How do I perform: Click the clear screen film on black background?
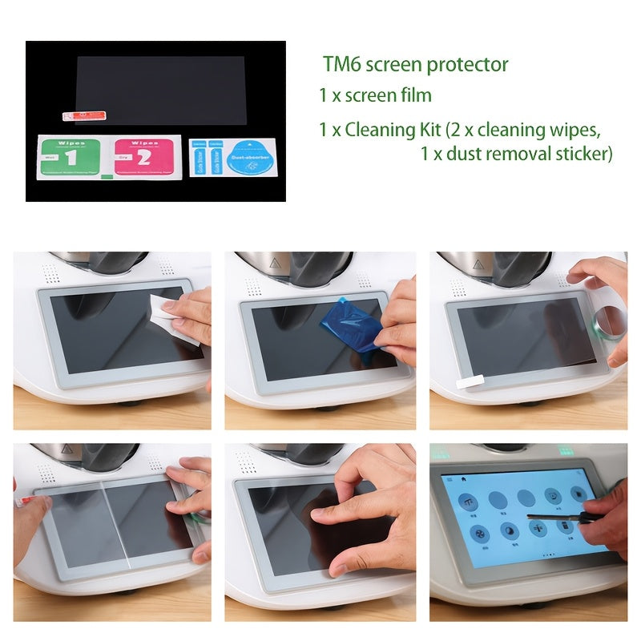160,88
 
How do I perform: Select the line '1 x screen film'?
375,95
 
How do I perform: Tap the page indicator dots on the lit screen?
547,554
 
